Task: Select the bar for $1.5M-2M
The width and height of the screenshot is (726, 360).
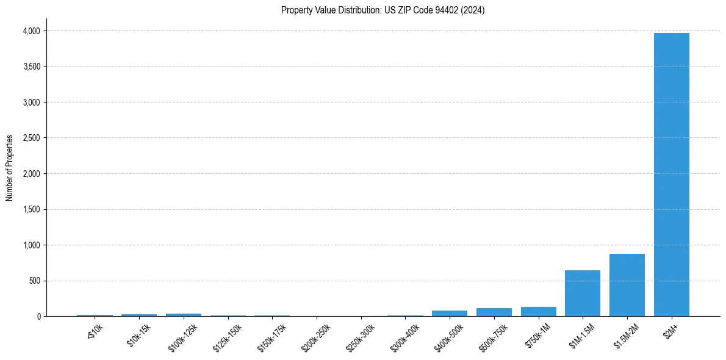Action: [x=627, y=285]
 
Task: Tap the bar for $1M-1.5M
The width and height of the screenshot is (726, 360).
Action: [x=583, y=293]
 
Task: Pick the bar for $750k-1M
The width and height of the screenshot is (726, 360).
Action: [x=538, y=312]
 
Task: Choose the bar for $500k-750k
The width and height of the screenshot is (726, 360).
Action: [x=494, y=312]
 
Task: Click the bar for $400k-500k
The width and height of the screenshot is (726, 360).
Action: [x=450, y=314]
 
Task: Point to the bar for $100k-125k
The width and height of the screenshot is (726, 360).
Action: [x=184, y=315]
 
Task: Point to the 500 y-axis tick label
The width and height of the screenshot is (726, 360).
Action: [x=34, y=281]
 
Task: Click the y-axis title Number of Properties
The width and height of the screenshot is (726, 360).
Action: [x=10, y=168]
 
